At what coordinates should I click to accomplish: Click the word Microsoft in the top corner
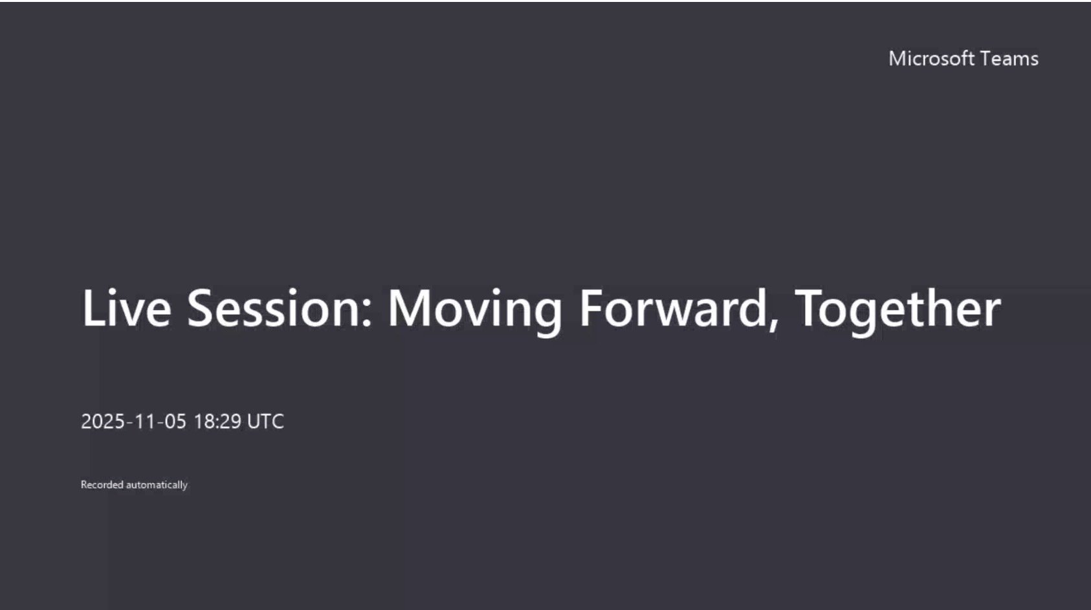click(932, 58)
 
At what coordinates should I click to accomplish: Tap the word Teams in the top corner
click(1009, 58)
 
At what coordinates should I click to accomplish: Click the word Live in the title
click(126, 308)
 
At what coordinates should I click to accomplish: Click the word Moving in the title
click(475, 310)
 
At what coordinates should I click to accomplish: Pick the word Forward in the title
click(673, 308)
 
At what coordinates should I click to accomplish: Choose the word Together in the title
click(898, 310)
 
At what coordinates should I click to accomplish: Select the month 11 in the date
click(145, 422)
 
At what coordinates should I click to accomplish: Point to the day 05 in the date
click(175, 422)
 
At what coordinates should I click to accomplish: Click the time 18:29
click(217, 422)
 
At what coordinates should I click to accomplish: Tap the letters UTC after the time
click(265, 422)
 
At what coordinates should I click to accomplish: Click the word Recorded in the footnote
click(102, 484)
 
